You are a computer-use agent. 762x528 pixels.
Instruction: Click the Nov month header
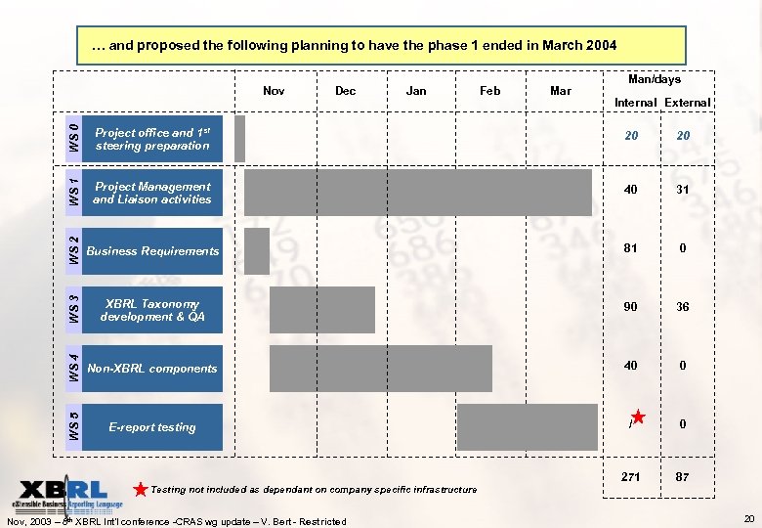tap(274, 91)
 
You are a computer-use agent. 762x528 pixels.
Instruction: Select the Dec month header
tap(345, 91)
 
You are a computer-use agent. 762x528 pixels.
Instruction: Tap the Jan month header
tap(416, 91)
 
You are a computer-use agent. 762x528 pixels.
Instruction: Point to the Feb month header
tap(489, 91)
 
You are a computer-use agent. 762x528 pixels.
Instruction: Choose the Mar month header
tap(561, 91)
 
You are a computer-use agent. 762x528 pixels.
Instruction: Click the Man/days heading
tap(655, 79)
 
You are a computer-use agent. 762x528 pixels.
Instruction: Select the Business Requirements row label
tap(152, 251)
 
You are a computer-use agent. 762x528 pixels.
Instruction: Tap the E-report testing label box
tap(152, 427)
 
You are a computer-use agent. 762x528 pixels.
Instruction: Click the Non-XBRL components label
tap(152, 369)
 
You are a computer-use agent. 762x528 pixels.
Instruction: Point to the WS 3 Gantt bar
tap(321, 310)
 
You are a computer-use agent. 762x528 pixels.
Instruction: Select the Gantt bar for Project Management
tap(417, 193)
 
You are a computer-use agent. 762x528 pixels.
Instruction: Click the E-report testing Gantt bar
tap(527, 427)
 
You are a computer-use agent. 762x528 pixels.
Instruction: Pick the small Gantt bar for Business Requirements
tap(256, 251)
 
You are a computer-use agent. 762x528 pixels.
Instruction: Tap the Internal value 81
tap(631, 248)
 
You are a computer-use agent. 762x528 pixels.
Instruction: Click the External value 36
tap(683, 307)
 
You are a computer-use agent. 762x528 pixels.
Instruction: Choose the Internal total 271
tap(631, 476)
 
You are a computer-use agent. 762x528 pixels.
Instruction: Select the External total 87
tap(683, 476)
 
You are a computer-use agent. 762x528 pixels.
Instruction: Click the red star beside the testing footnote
tap(142, 488)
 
